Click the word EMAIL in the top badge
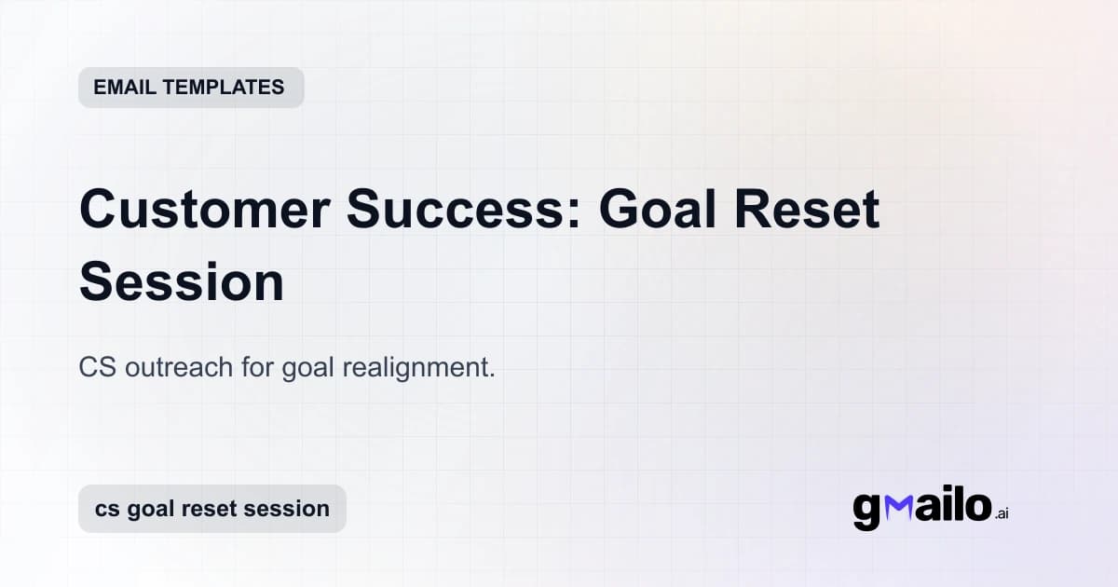click(125, 88)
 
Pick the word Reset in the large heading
click(814, 210)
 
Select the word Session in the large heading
click(182, 282)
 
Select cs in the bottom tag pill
click(105, 510)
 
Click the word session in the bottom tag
click(289, 510)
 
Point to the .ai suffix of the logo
click(1002, 513)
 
